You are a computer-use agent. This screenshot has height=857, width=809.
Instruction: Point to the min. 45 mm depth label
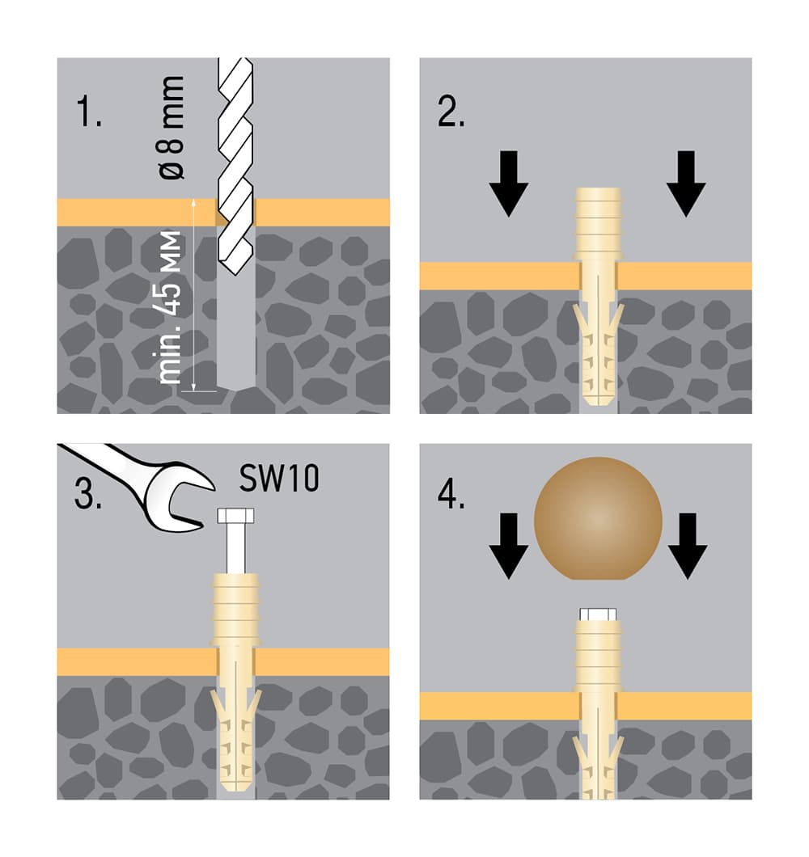click(170, 307)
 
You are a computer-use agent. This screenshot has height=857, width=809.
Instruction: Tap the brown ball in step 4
click(598, 518)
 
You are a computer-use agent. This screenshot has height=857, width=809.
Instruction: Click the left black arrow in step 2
click(509, 184)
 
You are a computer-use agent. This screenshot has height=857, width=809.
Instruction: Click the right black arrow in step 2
click(686, 184)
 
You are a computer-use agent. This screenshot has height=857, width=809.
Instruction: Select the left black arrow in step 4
click(509, 546)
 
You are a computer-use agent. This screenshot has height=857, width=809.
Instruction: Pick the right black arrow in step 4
click(688, 546)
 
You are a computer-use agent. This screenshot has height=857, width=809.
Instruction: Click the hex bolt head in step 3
click(235, 515)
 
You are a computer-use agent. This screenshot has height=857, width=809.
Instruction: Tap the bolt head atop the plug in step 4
click(598, 614)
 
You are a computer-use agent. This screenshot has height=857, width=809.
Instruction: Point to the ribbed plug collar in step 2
click(598, 223)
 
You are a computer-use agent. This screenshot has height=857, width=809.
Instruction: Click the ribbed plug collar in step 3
click(235, 610)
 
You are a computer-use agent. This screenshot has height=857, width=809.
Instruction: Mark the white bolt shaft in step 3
click(235, 548)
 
